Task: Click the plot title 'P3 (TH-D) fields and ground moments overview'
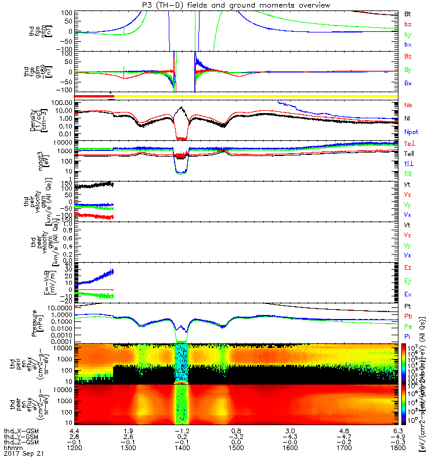217,5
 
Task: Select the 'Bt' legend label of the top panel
408,13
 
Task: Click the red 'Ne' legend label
408,105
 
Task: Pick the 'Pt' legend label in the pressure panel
408,305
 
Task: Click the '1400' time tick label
182,449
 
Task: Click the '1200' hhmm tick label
73,449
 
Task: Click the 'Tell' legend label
409,154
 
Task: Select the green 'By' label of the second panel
408,70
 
